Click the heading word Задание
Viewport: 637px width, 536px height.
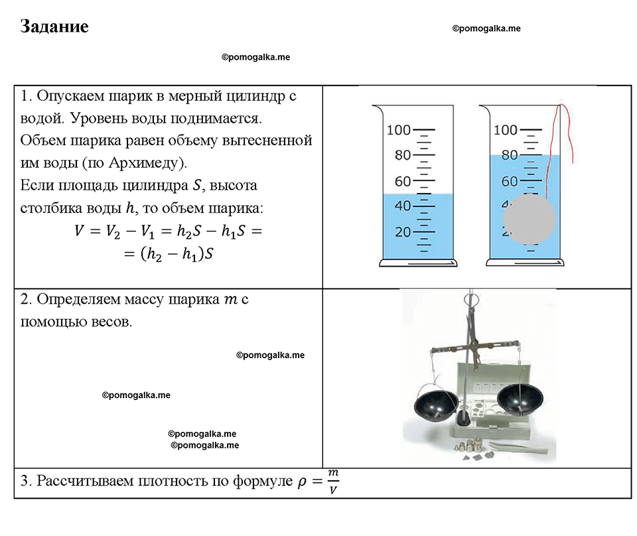click(54, 27)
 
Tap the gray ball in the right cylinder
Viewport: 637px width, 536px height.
click(529, 219)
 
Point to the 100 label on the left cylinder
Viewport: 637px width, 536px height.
click(399, 130)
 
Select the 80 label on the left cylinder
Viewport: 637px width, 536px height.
click(403, 155)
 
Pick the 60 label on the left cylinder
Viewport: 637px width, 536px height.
click(403, 181)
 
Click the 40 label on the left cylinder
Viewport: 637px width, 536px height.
click(403, 206)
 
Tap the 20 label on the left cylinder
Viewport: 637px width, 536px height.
click(403, 232)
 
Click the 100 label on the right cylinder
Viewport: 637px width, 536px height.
click(506, 130)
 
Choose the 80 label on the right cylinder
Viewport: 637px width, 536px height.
click(510, 155)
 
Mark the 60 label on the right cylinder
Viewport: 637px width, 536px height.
click(510, 181)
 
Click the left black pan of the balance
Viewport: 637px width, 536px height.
click(435, 403)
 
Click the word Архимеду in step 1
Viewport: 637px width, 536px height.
click(148, 163)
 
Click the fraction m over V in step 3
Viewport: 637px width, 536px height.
click(333, 482)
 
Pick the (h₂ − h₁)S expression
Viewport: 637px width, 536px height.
click(177, 254)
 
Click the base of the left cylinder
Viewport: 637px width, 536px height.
click(418, 263)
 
